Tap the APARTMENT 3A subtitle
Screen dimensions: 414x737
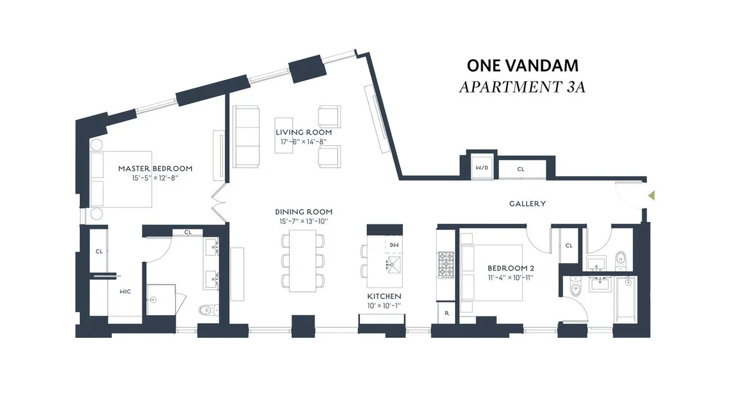(x=522, y=86)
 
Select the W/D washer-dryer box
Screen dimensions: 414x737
(x=482, y=168)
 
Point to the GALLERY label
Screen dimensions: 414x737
(x=528, y=204)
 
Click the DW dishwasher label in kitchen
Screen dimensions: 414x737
(x=394, y=245)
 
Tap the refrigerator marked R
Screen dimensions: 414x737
(x=446, y=312)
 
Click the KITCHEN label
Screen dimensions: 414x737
(x=384, y=296)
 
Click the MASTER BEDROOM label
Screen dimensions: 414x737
(x=155, y=169)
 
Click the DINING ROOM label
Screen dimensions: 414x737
(x=304, y=212)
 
